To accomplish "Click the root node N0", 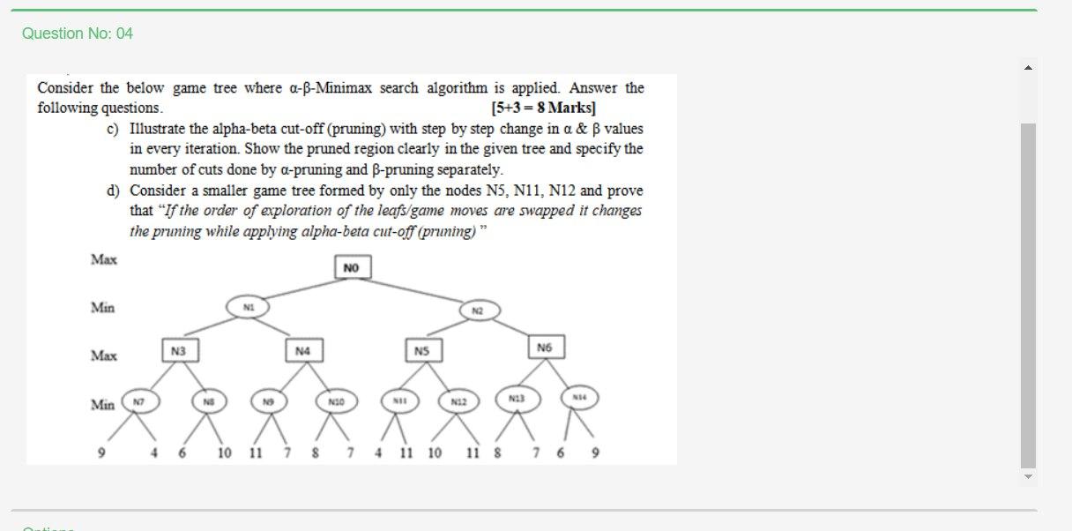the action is pyautogui.click(x=352, y=266).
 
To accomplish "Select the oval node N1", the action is pyautogui.click(x=249, y=307).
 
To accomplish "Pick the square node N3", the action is pyautogui.click(x=179, y=350).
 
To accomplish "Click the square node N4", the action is pyautogui.click(x=302, y=351).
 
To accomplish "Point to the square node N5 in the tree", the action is pyautogui.click(x=422, y=351).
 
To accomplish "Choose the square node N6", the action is pyautogui.click(x=544, y=348).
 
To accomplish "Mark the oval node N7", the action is pyautogui.click(x=138, y=401).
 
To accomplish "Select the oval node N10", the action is pyautogui.click(x=335, y=402).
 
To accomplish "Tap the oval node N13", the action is pyautogui.click(x=516, y=399).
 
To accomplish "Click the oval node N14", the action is pyautogui.click(x=579, y=398).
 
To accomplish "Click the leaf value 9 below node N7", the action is pyautogui.click(x=102, y=453).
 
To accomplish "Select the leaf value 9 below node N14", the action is pyautogui.click(x=595, y=453).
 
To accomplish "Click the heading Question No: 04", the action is pyautogui.click(x=78, y=34).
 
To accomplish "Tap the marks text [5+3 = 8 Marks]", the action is pyautogui.click(x=543, y=108).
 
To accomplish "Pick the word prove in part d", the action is pyautogui.click(x=625, y=191).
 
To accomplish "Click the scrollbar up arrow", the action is pyautogui.click(x=1028, y=67).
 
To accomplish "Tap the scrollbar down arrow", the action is pyautogui.click(x=1028, y=476).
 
